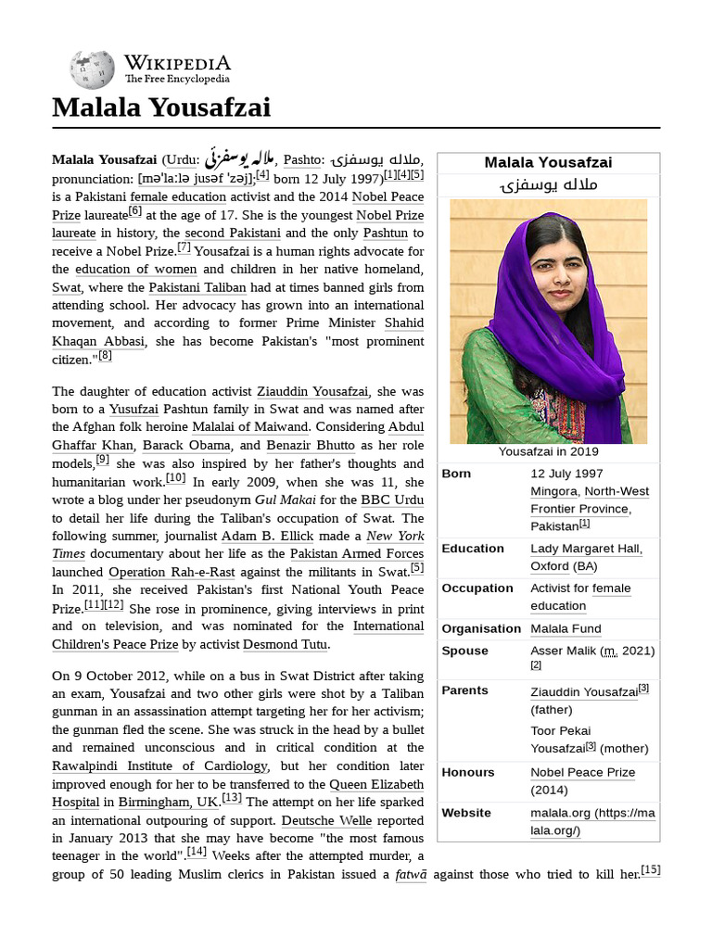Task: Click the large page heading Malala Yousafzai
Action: tap(161, 108)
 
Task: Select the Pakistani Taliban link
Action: tap(196, 287)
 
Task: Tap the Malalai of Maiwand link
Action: tap(249, 426)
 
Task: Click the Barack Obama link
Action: tap(177, 445)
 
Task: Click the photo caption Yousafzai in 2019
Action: tap(548, 452)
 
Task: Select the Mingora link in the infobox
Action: tap(553, 491)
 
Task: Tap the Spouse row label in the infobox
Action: tap(464, 651)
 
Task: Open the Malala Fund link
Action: tap(566, 628)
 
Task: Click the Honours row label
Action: tap(468, 772)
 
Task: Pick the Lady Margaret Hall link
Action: tap(586, 549)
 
